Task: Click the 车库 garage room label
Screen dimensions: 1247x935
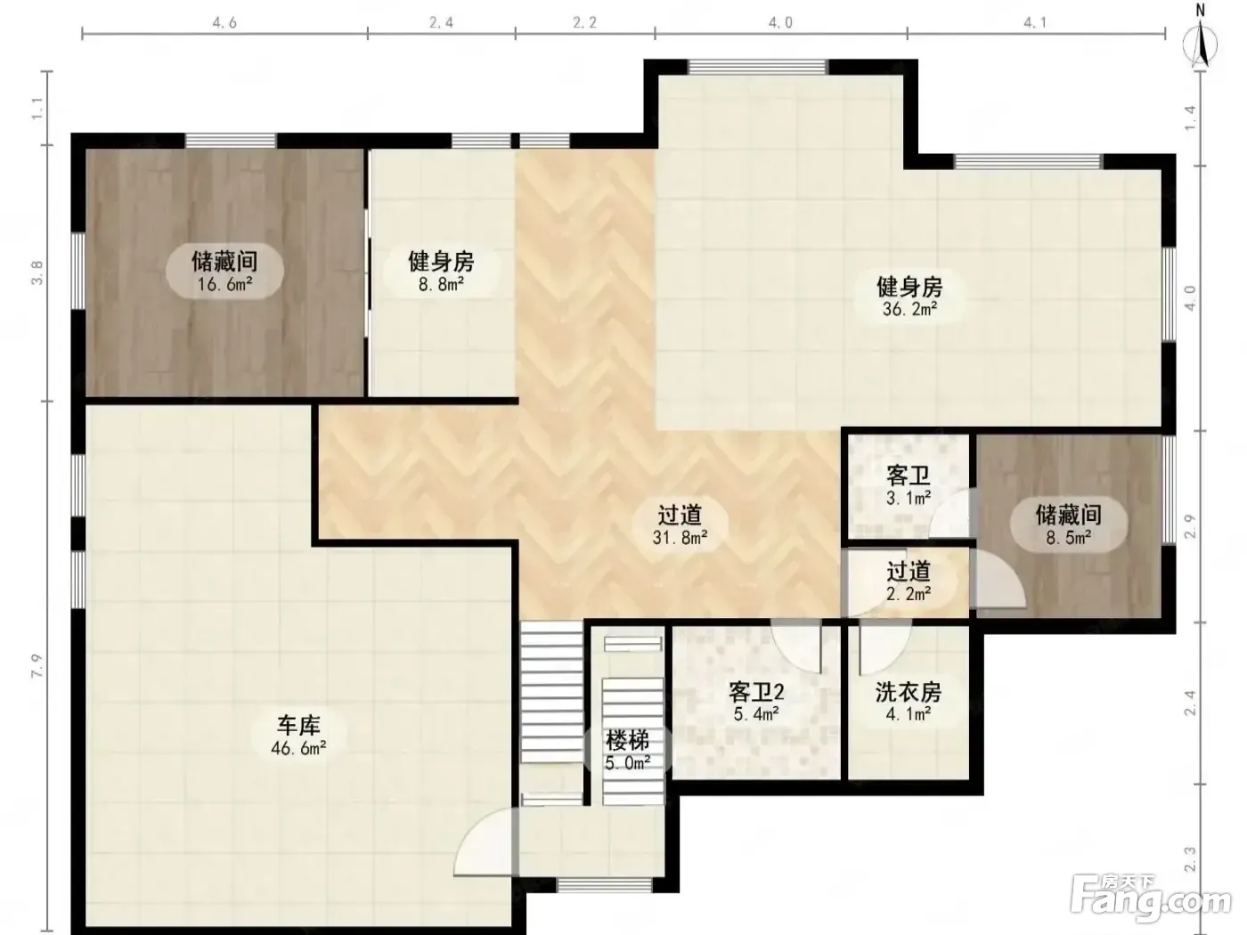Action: coord(298,726)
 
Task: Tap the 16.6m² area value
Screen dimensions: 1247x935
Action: coord(225,284)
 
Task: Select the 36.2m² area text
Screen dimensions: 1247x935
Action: coord(909,309)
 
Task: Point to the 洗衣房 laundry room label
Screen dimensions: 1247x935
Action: coord(909,692)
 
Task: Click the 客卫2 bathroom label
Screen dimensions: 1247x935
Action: coord(756,692)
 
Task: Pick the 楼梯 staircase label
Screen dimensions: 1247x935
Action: coord(627,741)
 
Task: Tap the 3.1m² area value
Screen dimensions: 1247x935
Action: coord(909,499)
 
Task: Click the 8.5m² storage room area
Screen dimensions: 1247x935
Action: coord(1069,537)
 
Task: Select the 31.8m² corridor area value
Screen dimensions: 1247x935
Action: coord(680,537)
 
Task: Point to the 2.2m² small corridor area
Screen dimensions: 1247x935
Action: coord(909,594)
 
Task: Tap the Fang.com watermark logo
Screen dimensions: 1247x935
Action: coord(1152,903)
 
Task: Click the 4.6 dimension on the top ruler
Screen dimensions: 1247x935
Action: coord(224,23)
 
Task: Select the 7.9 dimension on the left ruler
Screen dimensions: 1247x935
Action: coord(37,666)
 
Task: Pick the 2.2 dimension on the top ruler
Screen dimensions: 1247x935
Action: coord(584,23)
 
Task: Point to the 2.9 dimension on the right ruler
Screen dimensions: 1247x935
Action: coord(1190,526)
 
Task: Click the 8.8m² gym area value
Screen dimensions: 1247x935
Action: coord(442,284)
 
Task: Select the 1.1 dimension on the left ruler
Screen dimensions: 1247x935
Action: coord(37,108)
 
